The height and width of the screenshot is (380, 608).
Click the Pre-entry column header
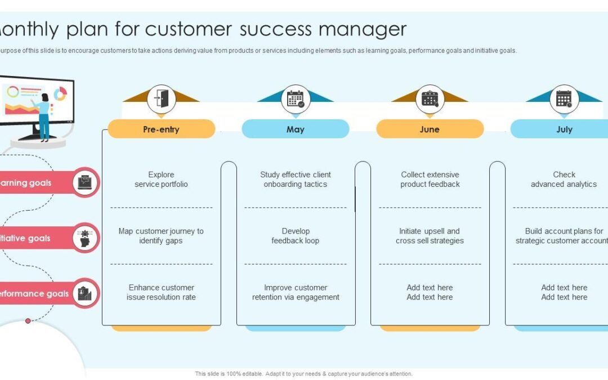tap(161, 129)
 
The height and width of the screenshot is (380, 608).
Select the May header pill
tap(295, 129)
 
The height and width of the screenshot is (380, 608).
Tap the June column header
tap(430, 129)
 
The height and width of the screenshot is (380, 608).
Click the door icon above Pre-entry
tap(162, 99)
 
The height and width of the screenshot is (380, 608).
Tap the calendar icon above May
tap(296, 99)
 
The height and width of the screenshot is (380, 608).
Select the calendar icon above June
tap(430, 99)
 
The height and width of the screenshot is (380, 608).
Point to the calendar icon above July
tap(564, 99)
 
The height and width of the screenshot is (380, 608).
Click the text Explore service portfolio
tap(161, 180)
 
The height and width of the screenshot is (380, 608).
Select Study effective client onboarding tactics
tap(296, 180)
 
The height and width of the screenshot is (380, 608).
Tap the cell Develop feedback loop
tap(296, 236)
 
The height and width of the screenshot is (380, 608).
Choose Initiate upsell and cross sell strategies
tap(430, 236)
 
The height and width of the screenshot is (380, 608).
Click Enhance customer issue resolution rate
tap(161, 292)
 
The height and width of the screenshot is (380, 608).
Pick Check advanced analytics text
tap(564, 180)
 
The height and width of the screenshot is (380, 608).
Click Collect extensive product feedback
tap(430, 180)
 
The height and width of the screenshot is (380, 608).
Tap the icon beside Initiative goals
tap(86, 238)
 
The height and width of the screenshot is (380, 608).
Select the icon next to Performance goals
tap(86, 293)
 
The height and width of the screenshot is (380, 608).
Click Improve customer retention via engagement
tap(296, 292)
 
